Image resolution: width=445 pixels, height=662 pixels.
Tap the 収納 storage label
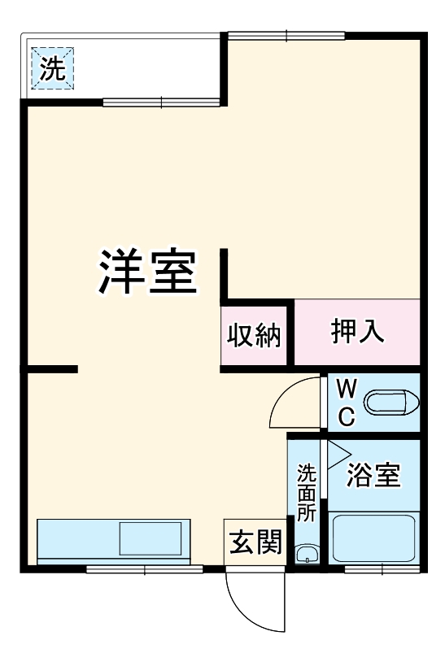(x=254, y=335)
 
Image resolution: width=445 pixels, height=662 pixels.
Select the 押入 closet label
(x=358, y=332)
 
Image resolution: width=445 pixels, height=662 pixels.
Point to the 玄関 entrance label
(x=255, y=542)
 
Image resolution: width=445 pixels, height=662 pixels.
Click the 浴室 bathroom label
(x=373, y=476)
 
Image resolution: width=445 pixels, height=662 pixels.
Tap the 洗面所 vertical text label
(x=306, y=492)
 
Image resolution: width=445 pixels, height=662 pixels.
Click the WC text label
(x=346, y=401)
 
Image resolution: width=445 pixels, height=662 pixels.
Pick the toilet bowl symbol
(x=390, y=403)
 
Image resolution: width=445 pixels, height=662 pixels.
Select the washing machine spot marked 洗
(x=53, y=68)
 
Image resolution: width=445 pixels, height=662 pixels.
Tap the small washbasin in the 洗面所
(x=307, y=555)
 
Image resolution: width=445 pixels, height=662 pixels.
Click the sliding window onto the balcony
(x=161, y=102)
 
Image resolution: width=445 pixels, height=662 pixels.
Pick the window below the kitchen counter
(x=145, y=569)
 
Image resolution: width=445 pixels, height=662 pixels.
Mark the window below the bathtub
(x=375, y=569)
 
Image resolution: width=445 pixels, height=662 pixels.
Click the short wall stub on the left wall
(x=53, y=369)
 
